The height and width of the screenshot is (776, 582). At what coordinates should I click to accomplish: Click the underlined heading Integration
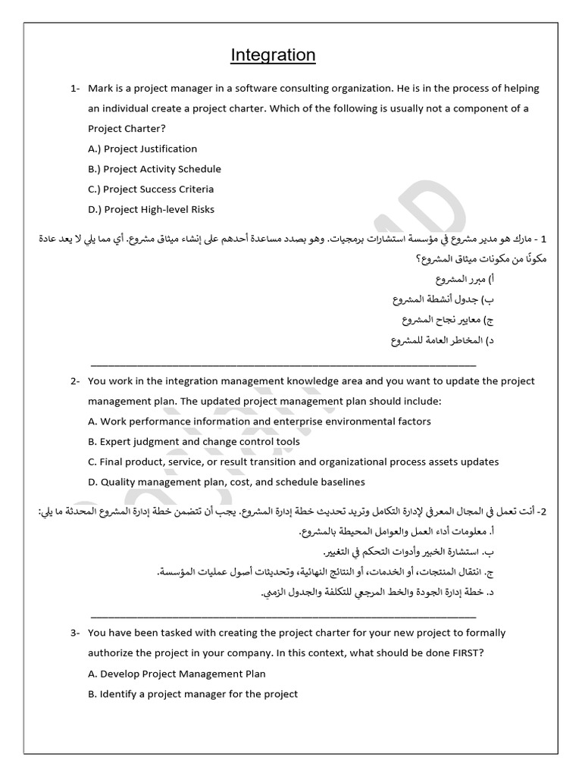(273, 55)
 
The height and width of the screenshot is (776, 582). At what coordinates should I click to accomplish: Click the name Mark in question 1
(100, 88)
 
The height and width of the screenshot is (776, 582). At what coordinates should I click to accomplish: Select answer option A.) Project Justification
(142, 149)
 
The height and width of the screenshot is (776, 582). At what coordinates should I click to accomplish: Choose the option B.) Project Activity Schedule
(155, 169)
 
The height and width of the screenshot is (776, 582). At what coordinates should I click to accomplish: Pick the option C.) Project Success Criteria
(151, 189)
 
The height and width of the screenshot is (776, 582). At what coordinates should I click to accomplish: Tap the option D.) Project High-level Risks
(152, 210)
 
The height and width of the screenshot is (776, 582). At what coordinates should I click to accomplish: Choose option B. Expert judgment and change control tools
(194, 442)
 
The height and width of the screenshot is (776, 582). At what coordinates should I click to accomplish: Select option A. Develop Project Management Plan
(177, 673)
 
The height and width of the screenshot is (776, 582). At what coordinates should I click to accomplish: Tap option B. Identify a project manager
(192, 693)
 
